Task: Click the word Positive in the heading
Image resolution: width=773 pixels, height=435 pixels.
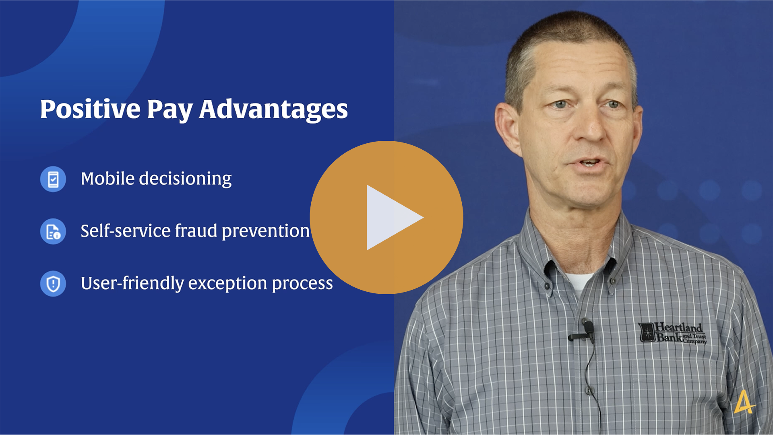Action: pyautogui.click(x=90, y=109)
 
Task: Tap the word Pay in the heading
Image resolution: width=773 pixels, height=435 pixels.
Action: pyautogui.click(x=169, y=110)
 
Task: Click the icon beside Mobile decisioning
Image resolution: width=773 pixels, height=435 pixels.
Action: pyautogui.click(x=53, y=179)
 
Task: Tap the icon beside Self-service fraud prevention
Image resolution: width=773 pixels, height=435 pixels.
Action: pyautogui.click(x=53, y=231)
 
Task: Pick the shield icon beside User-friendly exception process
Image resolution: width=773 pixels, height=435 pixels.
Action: pyautogui.click(x=53, y=284)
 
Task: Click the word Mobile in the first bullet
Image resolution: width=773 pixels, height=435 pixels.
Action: pyautogui.click(x=107, y=179)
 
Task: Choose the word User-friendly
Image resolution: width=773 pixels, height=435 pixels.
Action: pyautogui.click(x=132, y=284)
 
